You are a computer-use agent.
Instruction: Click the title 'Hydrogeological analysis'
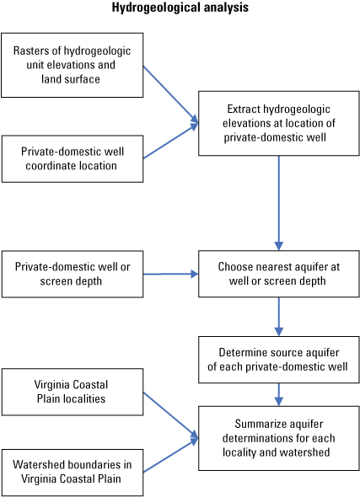[180, 8]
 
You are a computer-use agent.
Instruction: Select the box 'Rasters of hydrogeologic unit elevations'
[72, 65]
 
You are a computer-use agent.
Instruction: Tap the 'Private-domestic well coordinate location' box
[72, 158]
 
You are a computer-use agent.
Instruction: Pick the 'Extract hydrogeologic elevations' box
[278, 124]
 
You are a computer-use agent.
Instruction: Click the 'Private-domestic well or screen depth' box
[72, 274]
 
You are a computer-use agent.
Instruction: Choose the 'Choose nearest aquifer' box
[278, 274]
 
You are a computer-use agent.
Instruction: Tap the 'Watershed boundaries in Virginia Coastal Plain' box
[72, 470]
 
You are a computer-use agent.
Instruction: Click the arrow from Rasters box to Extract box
[170, 94]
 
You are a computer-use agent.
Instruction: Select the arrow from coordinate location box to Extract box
[170, 142]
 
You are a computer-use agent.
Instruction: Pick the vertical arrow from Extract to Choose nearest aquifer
[278, 202]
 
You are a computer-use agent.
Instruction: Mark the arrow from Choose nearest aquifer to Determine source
[278, 317]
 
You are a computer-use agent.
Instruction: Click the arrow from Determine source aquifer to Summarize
[278, 393]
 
